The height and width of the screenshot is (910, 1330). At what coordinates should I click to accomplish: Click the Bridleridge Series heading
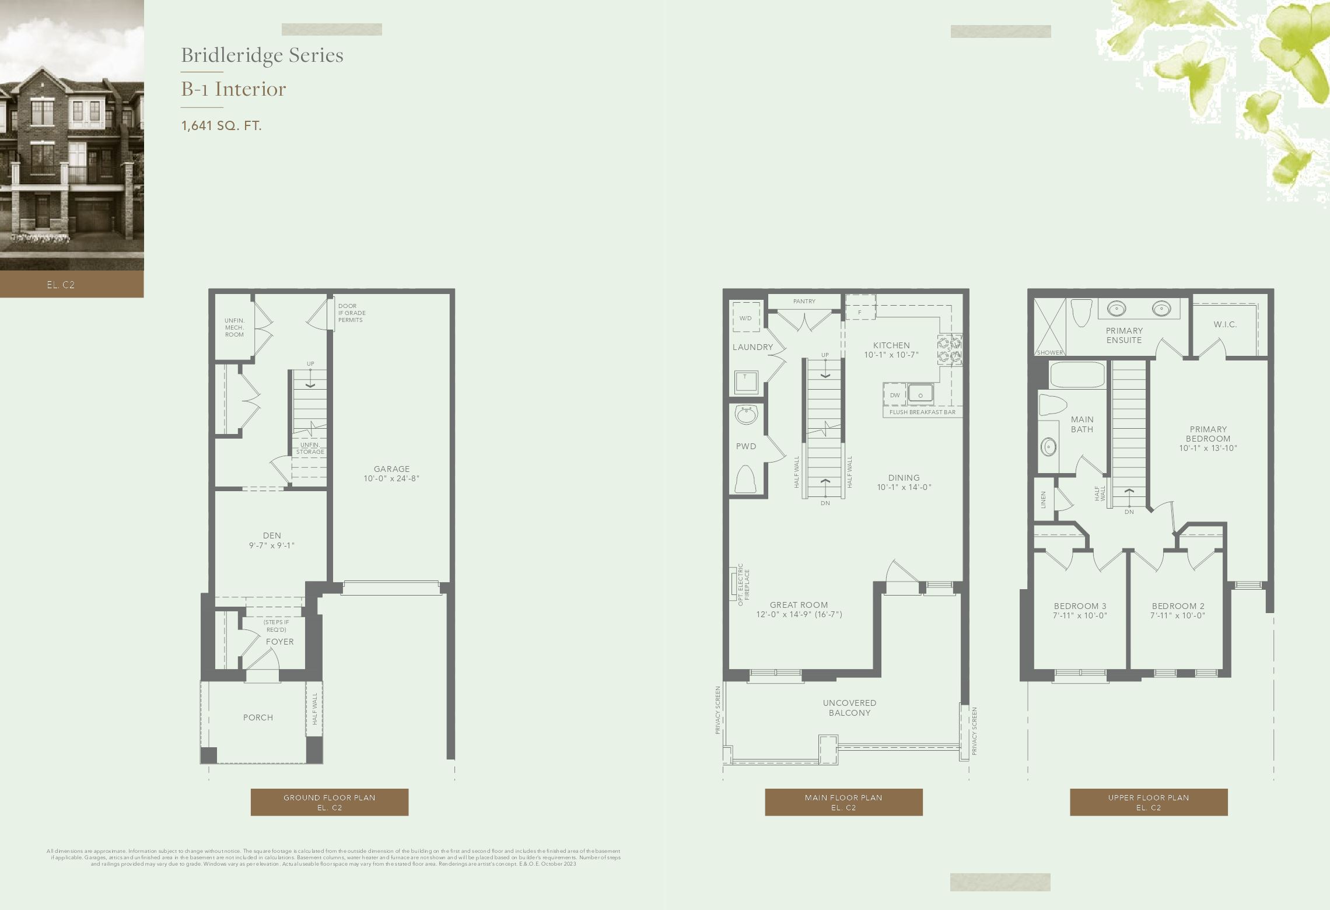point(262,55)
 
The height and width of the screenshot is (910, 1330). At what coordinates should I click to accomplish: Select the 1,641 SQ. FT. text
point(221,125)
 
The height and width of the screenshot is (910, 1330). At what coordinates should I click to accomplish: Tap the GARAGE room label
point(391,469)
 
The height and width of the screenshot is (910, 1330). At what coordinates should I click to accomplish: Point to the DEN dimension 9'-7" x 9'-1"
point(272,545)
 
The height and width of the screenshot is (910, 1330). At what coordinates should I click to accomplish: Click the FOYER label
point(280,642)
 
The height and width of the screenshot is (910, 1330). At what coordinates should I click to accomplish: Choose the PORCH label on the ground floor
point(258,717)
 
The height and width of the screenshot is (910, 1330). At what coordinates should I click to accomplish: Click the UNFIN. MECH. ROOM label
point(235,327)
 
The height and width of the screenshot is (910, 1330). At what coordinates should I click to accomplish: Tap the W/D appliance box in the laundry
point(745,318)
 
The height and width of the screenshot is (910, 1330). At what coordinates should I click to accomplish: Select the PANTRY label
point(804,301)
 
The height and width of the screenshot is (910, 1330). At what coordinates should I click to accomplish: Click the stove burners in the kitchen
point(950,349)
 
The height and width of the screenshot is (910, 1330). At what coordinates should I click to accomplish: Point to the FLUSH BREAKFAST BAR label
point(922,412)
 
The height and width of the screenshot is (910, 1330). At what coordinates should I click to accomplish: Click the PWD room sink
point(746,415)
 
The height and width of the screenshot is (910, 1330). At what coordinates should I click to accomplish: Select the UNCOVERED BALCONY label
point(849,708)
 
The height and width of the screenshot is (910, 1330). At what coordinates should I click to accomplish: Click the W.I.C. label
point(1225,324)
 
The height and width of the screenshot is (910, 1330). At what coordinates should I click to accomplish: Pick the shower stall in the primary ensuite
point(1049,327)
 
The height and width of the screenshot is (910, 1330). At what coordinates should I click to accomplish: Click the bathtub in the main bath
point(1077,374)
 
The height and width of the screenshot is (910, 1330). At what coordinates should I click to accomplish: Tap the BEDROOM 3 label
point(1080,606)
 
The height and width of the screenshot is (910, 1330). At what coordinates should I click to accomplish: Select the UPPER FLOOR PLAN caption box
point(1148,802)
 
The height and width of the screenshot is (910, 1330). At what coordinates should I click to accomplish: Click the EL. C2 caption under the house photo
point(61,285)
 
